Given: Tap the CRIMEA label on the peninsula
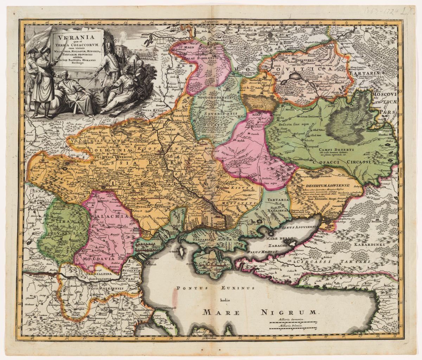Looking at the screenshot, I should (x=210, y=264).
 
